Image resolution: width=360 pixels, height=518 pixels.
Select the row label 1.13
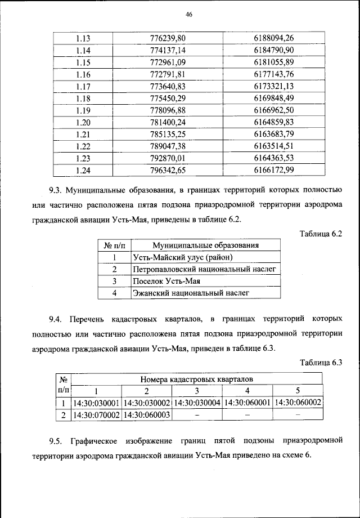click(83, 38)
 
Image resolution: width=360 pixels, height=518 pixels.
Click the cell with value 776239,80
click(168, 38)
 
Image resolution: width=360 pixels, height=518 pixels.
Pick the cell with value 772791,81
click(168, 74)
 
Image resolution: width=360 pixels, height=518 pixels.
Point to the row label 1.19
click(83, 110)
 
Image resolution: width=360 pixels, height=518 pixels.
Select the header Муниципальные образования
click(206, 245)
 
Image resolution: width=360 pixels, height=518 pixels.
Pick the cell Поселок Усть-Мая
click(167, 281)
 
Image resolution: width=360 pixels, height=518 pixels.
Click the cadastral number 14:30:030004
click(197, 403)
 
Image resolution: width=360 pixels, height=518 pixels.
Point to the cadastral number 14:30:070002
click(96, 415)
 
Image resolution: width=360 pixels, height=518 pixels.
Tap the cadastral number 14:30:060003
click(146, 415)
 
